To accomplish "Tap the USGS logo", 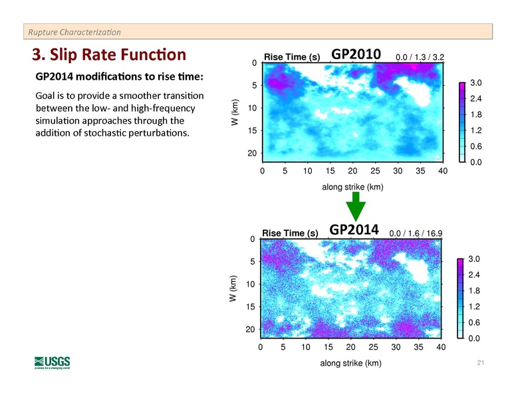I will [52, 363].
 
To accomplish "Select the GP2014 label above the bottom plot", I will [354, 229].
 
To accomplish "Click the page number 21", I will [481, 363].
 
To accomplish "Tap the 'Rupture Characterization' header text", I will [74, 31].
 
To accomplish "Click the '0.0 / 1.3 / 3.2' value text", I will [420, 58].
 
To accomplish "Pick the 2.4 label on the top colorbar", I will [474, 98].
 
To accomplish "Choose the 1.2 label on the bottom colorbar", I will [474, 307].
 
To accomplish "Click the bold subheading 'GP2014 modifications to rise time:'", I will [120, 76].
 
